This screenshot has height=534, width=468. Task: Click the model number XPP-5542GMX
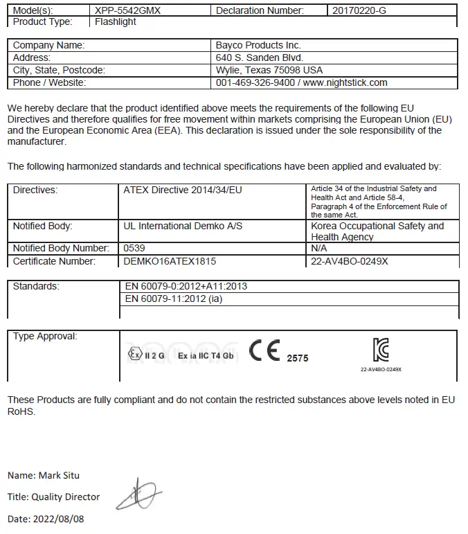pyautogui.click(x=128, y=10)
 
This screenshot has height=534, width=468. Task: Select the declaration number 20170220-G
pyautogui.click(x=359, y=10)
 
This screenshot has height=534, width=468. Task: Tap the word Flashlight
pyautogui.click(x=116, y=22)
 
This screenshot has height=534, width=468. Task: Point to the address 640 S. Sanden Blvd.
pyautogui.click(x=260, y=57)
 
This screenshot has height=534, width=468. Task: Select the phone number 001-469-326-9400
pyautogui.click(x=255, y=82)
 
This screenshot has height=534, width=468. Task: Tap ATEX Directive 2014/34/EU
pyautogui.click(x=182, y=189)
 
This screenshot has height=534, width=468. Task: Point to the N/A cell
pyautogui.click(x=318, y=248)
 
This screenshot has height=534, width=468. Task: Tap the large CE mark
pyautogui.click(x=265, y=351)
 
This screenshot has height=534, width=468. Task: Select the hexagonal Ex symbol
pyautogui.click(x=134, y=355)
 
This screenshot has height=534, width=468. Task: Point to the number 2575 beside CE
pyautogui.click(x=298, y=358)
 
